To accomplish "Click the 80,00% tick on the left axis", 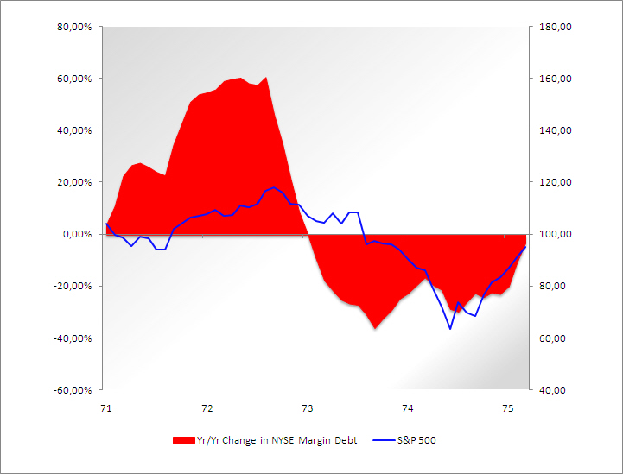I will click(75, 27).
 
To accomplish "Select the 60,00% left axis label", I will click(75, 79).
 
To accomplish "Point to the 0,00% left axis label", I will click(78, 234).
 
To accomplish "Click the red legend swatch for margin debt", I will click(185, 440).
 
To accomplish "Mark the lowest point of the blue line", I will click(450, 328).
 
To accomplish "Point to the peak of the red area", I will click(266, 78).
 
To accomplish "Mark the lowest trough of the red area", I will click(375, 328).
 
